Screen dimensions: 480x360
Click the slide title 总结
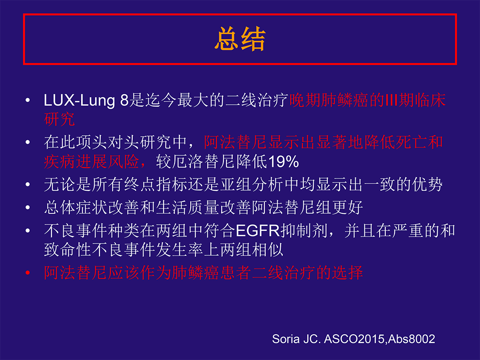point(240,39)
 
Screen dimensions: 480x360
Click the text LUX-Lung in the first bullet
point(79,100)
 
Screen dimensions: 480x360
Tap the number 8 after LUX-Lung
point(124,100)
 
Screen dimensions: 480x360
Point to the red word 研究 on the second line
point(59,119)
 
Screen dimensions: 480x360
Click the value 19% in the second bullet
point(283,161)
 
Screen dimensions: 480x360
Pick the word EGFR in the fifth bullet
point(258,230)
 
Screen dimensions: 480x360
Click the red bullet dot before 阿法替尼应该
point(28,272)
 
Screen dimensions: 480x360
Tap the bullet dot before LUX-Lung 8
point(28,100)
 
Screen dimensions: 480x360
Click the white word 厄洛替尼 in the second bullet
point(204,161)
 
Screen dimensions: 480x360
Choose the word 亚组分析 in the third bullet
point(252,184)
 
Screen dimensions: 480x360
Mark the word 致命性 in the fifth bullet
point(68,250)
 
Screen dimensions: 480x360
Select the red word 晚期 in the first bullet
point(305,100)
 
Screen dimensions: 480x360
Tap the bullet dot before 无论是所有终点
point(28,184)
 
